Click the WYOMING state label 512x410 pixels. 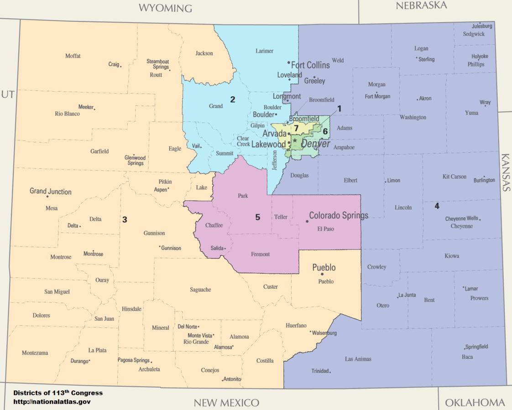click(165, 8)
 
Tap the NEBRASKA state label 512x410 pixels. click(421, 5)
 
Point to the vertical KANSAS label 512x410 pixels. click(506, 172)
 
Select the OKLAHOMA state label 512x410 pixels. click(475, 402)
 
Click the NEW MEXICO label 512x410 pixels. click(226, 403)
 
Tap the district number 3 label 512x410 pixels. click(125, 219)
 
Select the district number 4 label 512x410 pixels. click(437, 206)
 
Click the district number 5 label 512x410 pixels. click(257, 217)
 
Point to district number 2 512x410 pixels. click(232, 99)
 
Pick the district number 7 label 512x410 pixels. click(296, 128)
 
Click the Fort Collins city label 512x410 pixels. click(310, 65)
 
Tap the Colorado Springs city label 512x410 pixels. click(339, 215)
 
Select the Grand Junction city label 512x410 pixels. click(51, 191)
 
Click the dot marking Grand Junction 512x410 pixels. click(47, 197)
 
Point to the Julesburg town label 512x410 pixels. click(482, 26)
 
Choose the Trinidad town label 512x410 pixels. click(320, 371)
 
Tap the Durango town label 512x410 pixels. click(79, 361)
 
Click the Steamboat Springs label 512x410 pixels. click(158, 64)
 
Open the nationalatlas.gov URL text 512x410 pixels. click(52, 402)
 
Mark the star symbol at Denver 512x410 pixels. click(295, 140)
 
